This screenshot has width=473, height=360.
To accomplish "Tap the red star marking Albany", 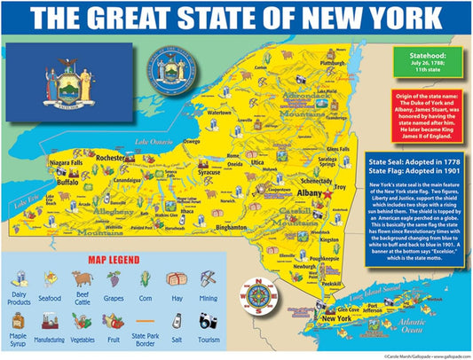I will pyautogui.click(x=327, y=191).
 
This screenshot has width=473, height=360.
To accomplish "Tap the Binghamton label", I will pyautogui.click(x=230, y=227).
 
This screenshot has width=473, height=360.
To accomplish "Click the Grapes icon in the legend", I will pyautogui.click(x=114, y=280).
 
